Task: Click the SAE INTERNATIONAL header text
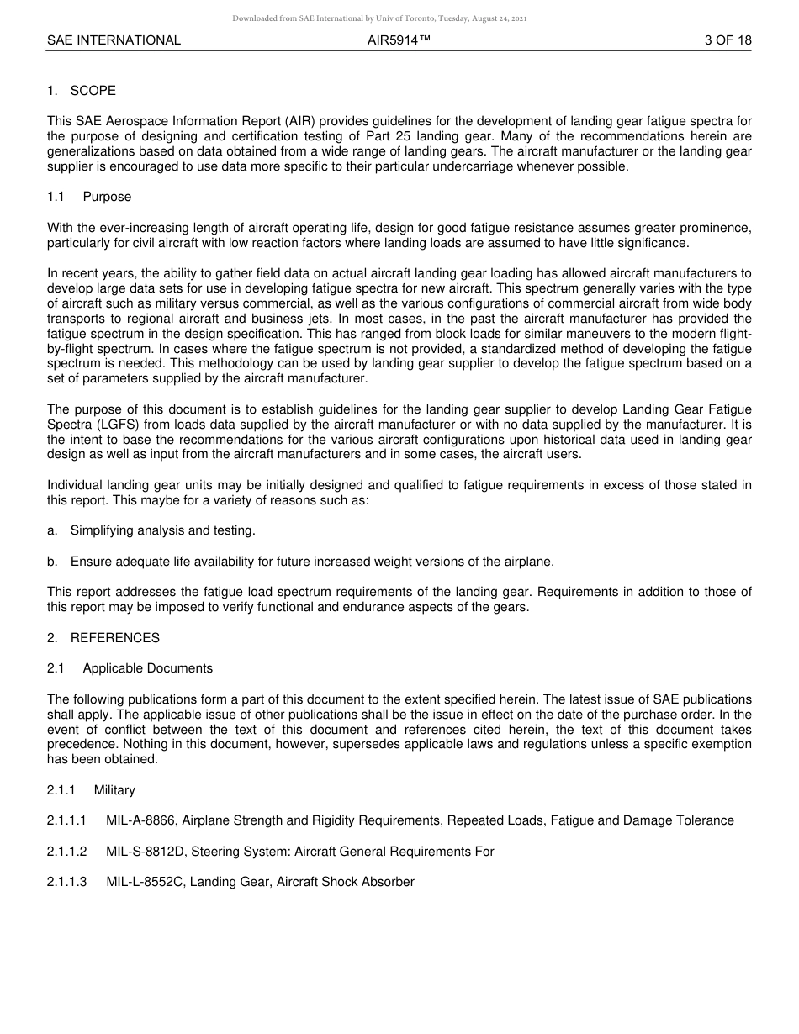[114, 40]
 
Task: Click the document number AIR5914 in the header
[399, 40]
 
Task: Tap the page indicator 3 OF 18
[728, 40]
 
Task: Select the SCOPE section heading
[93, 91]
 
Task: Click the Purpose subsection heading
[107, 197]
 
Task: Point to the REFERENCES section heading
[114, 638]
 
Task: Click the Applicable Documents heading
[147, 668]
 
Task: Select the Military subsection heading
[114, 790]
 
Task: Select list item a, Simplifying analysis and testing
[162, 530]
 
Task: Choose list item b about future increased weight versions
[311, 562]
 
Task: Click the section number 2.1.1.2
[67, 852]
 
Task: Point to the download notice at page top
[379, 18]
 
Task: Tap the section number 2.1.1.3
[67, 882]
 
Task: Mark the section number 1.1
[56, 197]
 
